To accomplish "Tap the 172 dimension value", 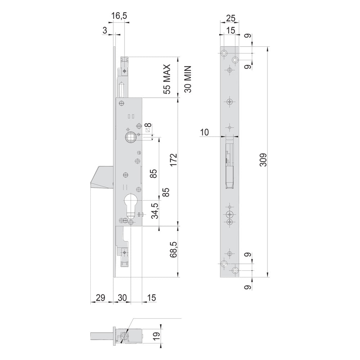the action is click(174, 160).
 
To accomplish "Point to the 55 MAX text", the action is click(167, 79).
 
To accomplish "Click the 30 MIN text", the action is click(188, 79).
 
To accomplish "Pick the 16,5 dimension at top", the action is click(119, 16).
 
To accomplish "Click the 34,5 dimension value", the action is click(155, 211).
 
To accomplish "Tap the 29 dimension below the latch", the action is click(100, 298).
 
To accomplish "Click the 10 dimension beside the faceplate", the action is click(204, 132).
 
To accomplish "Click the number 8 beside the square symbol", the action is click(149, 125).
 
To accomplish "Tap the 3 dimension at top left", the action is click(105, 30).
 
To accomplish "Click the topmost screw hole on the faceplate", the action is click(224, 54).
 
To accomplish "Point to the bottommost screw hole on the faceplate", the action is click(235, 270).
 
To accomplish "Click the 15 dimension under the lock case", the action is click(151, 298).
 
